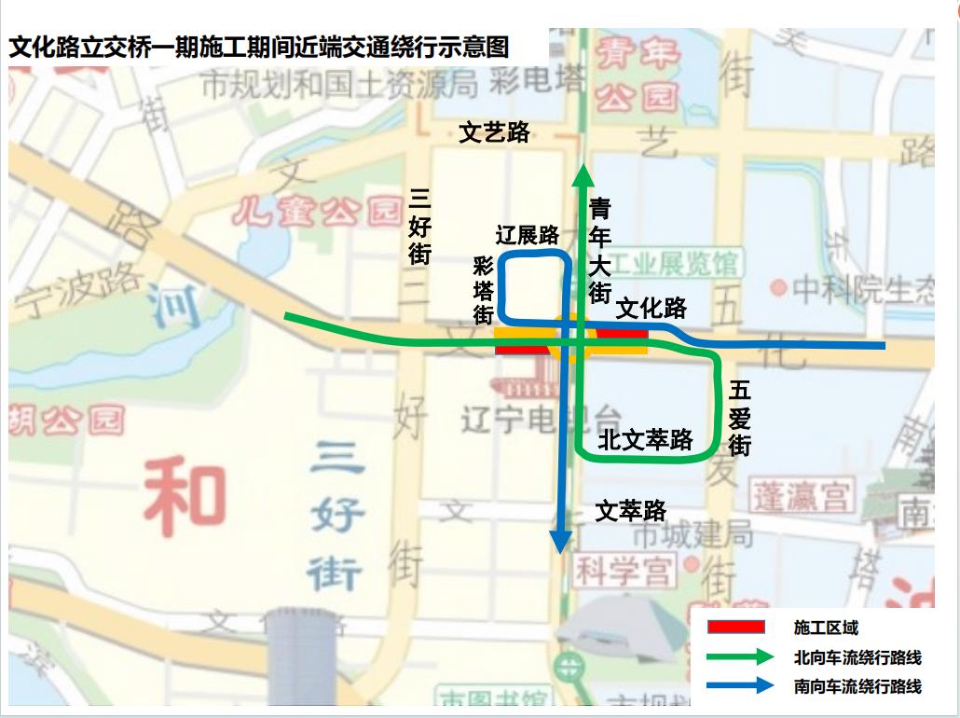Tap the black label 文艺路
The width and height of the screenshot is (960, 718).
pyautogui.click(x=495, y=132)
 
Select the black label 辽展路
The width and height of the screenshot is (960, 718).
pyautogui.click(x=527, y=235)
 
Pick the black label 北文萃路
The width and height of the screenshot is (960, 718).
pyautogui.click(x=646, y=438)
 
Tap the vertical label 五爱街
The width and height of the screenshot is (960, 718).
pyautogui.click(x=740, y=418)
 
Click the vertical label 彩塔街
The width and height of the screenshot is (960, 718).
pyautogui.click(x=483, y=290)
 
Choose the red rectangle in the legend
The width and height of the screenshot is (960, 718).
pyautogui.click(x=736, y=628)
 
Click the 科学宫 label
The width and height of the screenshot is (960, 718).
pyautogui.click(x=623, y=570)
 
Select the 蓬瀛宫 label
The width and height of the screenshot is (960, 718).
pyautogui.click(x=803, y=495)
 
